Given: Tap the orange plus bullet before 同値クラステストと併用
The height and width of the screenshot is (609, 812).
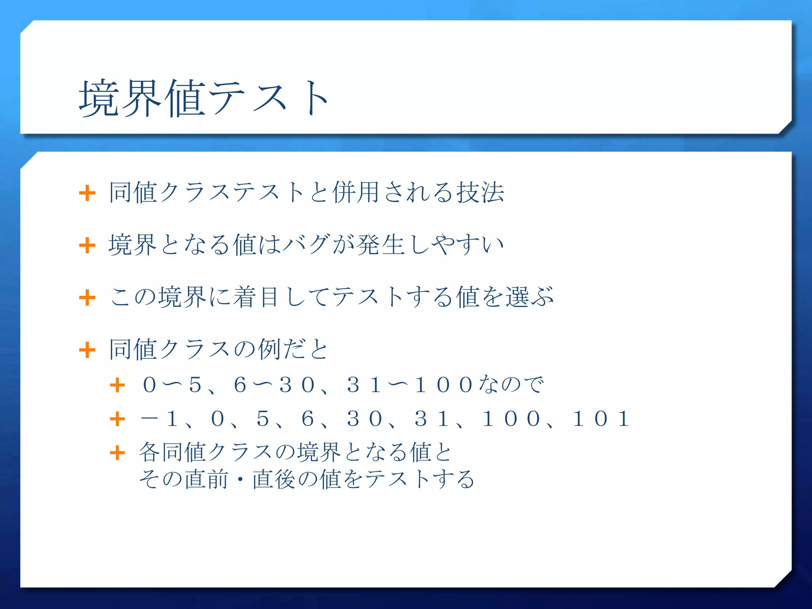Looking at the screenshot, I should [x=87, y=193].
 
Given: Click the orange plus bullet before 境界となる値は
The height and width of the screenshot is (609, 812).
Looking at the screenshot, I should [x=87, y=245].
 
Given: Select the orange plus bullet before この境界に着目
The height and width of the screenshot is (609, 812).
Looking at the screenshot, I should [x=87, y=298].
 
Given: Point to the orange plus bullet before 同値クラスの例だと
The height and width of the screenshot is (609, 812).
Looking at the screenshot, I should [x=87, y=350].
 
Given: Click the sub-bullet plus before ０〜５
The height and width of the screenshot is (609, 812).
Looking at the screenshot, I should [x=117, y=385].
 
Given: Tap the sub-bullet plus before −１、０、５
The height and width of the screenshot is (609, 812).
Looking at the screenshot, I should [x=117, y=419].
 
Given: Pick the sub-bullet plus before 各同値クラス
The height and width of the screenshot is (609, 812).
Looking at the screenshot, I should [x=117, y=453].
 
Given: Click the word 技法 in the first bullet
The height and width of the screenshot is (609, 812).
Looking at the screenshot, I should [x=480, y=193].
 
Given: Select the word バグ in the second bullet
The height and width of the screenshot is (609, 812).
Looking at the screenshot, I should [x=306, y=245].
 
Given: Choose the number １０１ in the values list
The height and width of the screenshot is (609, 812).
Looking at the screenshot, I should [x=601, y=419].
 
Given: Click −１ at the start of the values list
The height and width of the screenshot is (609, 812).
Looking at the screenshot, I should [x=161, y=419].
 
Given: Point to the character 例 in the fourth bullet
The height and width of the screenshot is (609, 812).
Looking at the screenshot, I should [x=269, y=349].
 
